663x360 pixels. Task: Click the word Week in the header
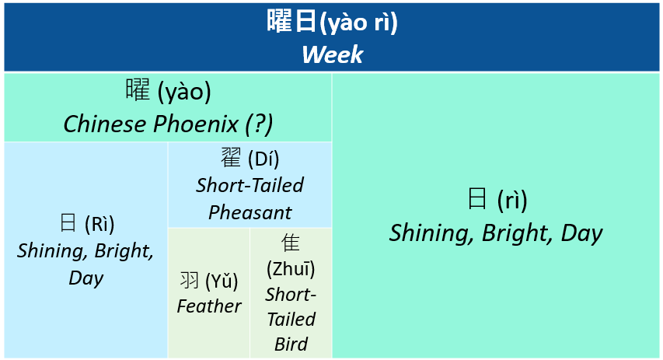click(333, 54)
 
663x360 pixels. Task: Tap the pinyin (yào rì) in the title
click(358, 23)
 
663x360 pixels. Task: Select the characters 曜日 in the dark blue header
click(291, 21)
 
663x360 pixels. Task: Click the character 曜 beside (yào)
click(138, 89)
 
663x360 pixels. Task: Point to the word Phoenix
click(196, 124)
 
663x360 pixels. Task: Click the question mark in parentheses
click(259, 124)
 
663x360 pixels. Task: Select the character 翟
click(231, 158)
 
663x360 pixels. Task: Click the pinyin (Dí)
click(263, 159)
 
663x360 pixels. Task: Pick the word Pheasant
click(250, 212)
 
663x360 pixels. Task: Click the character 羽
click(190, 280)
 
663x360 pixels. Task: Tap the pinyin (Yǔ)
click(222, 281)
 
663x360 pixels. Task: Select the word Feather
click(209, 306)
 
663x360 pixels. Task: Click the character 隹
click(291, 243)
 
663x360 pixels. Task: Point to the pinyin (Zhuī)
click(291, 268)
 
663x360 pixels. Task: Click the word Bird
click(291, 344)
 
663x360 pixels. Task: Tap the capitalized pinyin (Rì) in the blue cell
click(99, 224)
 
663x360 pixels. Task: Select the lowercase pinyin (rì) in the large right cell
click(512, 200)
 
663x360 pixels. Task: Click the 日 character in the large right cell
click(477, 198)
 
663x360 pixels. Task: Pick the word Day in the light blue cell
click(86, 278)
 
